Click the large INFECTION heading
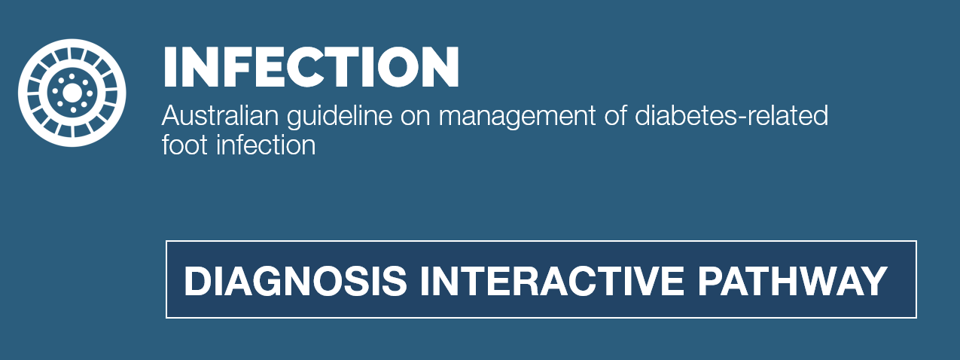pyautogui.click(x=311, y=67)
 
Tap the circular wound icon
pyautogui.click(x=72, y=93)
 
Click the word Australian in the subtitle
pyautogui.click(x=221, y=116)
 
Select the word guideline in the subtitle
pyautogui.click(x=340, y=117)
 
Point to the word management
pyautogui.click(x=517, y=117)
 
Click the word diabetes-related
pyautogui.click(x=732, y=116)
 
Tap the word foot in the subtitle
pyautogui.click(x=184, y=145)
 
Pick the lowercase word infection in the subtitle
pyautogui.click(x=266, y=145)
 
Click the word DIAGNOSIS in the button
pyautogui.click(x=295, y=281)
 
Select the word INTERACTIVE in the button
pyautogui.click(x=552, y=281)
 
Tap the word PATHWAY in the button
pyautogui.click(x=792, y=281)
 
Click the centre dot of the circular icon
pyautogui.click(x=72, y=93)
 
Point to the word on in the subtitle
pyautogui.click(x=416, y=119)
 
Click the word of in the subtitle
pyautogui.click(x=615, y=116)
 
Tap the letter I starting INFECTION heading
pyautogui.click(x=169, y=67)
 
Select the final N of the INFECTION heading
pyautogui.click(x=440, y=67)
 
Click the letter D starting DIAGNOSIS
pyautogui.click(x=199, y=281)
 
